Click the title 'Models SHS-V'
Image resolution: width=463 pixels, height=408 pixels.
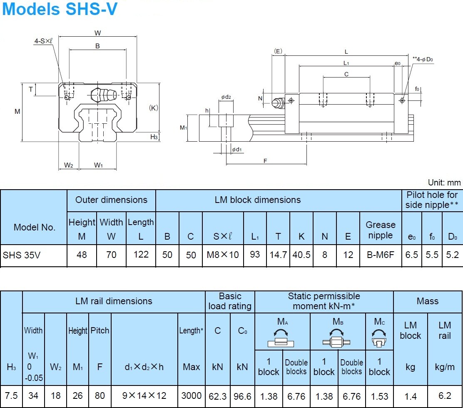click(x=60, y=9)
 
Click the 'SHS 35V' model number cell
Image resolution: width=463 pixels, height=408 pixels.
click(x=22, y=255)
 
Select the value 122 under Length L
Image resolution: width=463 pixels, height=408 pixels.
click(x=141, y=255)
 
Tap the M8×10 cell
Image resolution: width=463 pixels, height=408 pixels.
click(x=223, y=255)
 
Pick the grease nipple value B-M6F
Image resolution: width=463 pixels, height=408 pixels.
click(x=380, y=255)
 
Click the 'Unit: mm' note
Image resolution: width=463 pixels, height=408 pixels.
click(x=444, y=183)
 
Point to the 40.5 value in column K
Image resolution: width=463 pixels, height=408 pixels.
click(x=301, y=255)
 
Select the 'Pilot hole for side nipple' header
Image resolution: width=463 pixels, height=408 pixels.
click(x=432, y=200)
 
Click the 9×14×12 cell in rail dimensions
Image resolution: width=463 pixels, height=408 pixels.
click(x=144, y=395)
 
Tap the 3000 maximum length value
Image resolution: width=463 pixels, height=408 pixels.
click(x=192, y=395)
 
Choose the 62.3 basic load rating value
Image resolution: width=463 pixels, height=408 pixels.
click(x=217, y=395)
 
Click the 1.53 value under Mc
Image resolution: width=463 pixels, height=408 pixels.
click(x=379, y=396)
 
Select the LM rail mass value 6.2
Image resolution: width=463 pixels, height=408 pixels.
click(x=444, y=396)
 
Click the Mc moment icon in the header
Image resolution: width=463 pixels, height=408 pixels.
click(x=379, y=339)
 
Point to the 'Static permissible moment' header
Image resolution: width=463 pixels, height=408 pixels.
click(x=324, y=301)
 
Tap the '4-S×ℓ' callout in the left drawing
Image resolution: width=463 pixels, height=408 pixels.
click(x=43, y=41)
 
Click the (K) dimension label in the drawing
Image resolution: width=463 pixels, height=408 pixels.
click(x=154, y=108)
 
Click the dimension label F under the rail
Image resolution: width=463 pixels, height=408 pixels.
click(x=265, y=161)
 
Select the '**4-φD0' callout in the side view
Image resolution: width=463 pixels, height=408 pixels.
click(x=423, y=60)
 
